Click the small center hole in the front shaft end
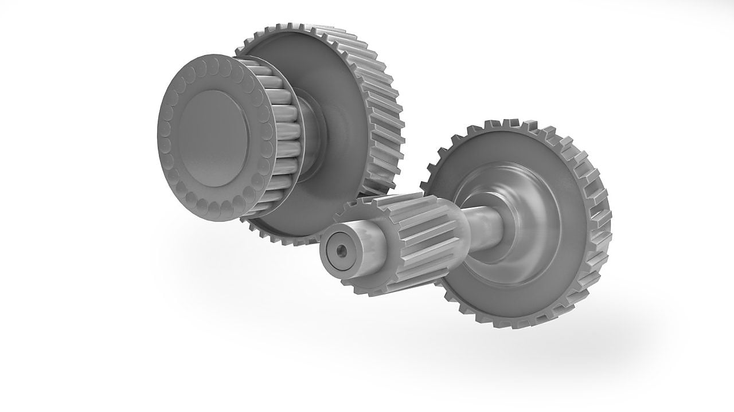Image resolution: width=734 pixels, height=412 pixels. pos(342,250)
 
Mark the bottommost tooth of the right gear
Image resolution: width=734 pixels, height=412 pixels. pos(505,323)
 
